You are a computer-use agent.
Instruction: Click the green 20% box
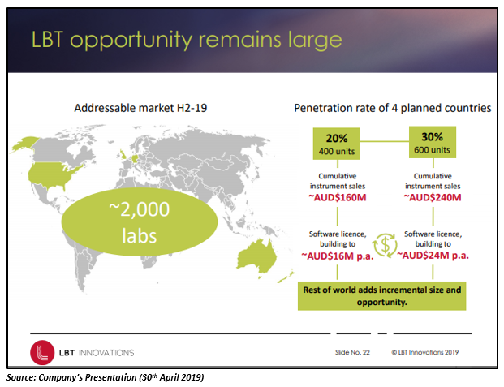[337, 144]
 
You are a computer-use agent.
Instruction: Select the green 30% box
[433, 142]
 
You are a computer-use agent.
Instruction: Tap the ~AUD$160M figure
[338, 197]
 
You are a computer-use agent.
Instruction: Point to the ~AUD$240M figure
[433, 197]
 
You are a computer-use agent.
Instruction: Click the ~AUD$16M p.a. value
[338, 256]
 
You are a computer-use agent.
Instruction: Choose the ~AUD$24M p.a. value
[433, 256]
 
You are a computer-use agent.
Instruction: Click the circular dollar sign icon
[385, 245]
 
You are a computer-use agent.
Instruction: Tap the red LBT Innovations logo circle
[42, 353]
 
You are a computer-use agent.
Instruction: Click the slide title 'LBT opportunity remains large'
[187, 40]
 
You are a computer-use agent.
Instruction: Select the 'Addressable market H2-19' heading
[140, 108]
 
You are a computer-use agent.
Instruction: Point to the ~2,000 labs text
[140, 222]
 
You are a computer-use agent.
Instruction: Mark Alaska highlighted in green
[24, 144]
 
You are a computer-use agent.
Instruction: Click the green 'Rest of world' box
[382, 296]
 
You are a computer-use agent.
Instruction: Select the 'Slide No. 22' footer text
[352, 352]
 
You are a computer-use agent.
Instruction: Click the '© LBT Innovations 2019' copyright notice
[425, 352]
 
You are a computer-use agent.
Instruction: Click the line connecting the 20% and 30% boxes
[385, 141]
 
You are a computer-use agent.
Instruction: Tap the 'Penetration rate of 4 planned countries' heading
[393, 108]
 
